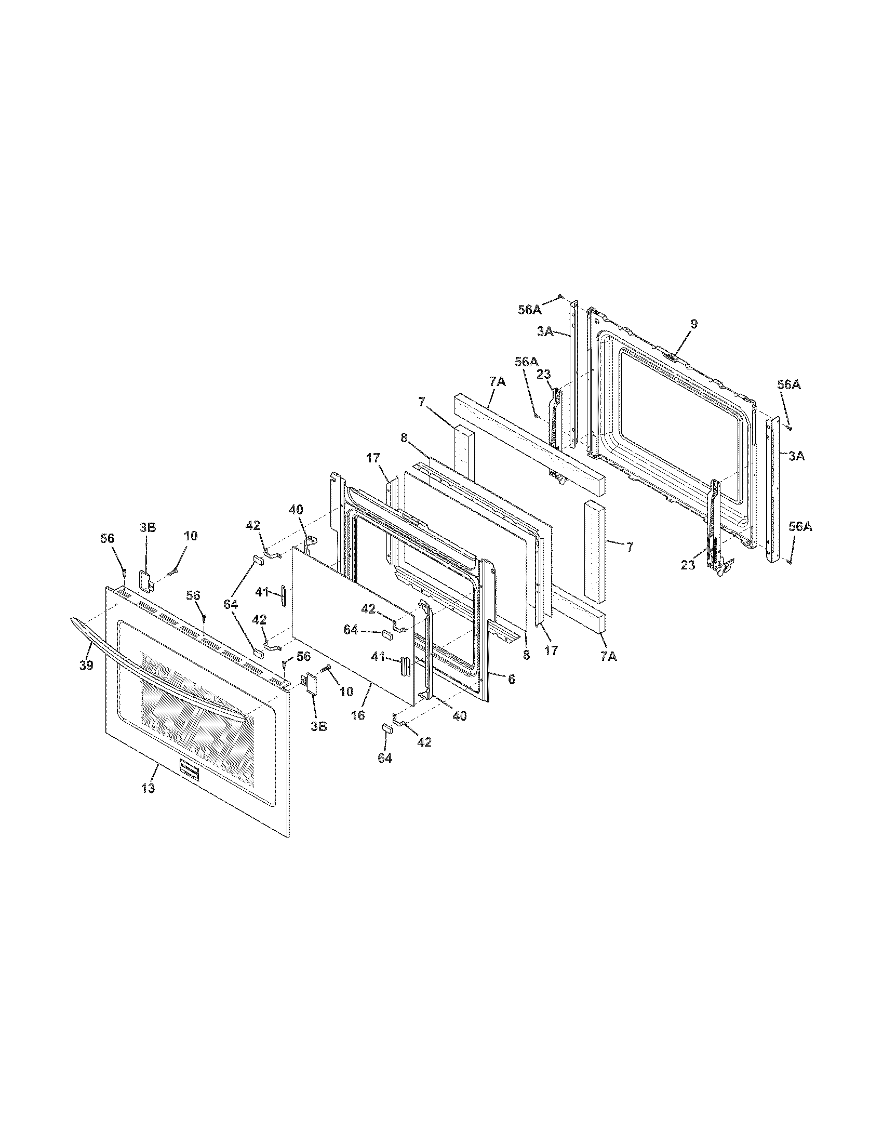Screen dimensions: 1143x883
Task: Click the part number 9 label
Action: [x=693, y=325]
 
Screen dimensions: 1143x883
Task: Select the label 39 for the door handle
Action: [x=86, y=666]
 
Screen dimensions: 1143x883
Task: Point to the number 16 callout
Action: [x=358, y=715]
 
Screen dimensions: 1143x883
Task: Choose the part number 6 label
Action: [x=512, y=680]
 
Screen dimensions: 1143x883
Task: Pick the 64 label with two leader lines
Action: [x=231, y=604]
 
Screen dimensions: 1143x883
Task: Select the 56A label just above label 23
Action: [x=526, y=362]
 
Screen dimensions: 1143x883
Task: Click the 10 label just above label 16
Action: [x=346, y=692]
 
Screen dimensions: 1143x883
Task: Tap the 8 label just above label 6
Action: [x=526, y=655]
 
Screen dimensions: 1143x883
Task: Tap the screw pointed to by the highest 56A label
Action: [x=560, y=296]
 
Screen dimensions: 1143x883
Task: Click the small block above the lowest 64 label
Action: [x=388, y=727]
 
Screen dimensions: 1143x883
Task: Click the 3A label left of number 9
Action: [x=545, y=332]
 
